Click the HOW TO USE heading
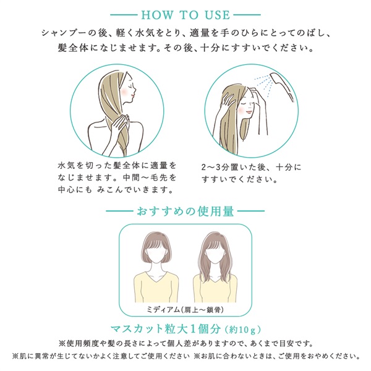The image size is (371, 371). tap(185, 15)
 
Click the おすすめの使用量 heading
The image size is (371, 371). tap(185, 211)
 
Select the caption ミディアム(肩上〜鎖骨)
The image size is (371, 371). tap(185, 310)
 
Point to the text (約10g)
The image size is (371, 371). tap(243, 330)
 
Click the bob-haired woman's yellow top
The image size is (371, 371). tap(156, 287)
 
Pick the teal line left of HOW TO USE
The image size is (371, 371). tap(124, 15)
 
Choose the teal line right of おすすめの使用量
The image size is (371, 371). tap(251, 211)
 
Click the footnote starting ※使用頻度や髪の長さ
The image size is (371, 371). tap(186, 344)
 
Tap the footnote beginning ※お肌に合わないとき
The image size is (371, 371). tap(276, 356)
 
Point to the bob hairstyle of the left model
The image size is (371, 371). tap(156, 246)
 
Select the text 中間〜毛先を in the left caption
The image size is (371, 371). tap(150, 177)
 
